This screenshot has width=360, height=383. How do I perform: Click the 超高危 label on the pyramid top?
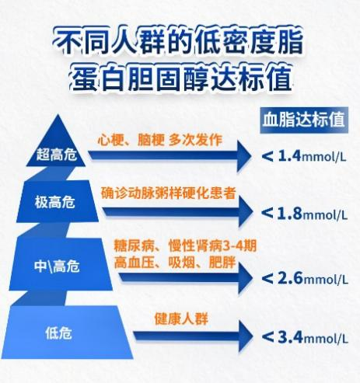point(56,154)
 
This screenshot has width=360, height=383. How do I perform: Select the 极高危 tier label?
point(55,202)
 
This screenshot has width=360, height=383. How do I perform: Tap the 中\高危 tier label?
point(57,266)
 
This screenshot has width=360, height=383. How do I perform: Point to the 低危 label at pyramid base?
point(58,333)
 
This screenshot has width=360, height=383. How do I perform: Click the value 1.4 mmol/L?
point(313,156)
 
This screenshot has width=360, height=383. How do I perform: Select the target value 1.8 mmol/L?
point(313,214)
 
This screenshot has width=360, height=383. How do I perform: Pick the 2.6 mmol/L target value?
point(313,279)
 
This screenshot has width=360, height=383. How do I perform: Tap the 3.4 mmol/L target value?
point(313,337)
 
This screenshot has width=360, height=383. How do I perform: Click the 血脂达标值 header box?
point(304,120)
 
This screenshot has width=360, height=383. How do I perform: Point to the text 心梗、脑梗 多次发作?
point(160,140)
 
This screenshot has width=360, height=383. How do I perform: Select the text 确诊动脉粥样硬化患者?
point(168,193)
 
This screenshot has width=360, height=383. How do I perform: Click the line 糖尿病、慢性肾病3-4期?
point(185,245)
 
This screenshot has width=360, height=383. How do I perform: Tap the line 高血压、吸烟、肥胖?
point(175,263)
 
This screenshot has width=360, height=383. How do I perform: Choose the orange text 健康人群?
point(181,319)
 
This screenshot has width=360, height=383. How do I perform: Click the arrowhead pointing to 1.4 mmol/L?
point(244,156)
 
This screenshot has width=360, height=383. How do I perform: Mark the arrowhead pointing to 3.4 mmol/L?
point(245,336)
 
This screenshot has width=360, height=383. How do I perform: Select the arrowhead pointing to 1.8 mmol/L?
point(245,211)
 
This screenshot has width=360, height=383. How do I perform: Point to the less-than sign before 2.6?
point(267,279)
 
